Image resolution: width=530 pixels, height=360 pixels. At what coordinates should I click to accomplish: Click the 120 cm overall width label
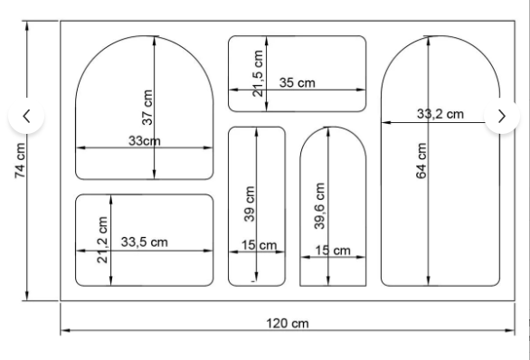[x=288, y=324]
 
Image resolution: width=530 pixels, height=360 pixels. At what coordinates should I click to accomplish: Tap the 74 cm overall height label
[x=20, y=161]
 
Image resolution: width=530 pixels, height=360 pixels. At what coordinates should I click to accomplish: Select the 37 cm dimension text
[x=147, y=108]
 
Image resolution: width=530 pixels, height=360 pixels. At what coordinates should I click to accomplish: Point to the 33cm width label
[x=145, y=141]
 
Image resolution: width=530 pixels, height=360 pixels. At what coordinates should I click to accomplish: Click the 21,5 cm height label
[x=258, y=73]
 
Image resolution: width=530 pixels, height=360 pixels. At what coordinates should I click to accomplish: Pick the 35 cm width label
[x=298, y=83]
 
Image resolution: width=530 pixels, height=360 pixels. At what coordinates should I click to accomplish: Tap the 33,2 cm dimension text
[x=440, y=114]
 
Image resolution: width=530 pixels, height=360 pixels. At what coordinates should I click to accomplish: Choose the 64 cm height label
[x=421, y=161]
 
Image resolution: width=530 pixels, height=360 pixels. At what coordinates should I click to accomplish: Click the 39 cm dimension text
[x=249, y=204]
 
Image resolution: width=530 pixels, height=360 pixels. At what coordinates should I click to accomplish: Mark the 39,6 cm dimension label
[x=319, y=206]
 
